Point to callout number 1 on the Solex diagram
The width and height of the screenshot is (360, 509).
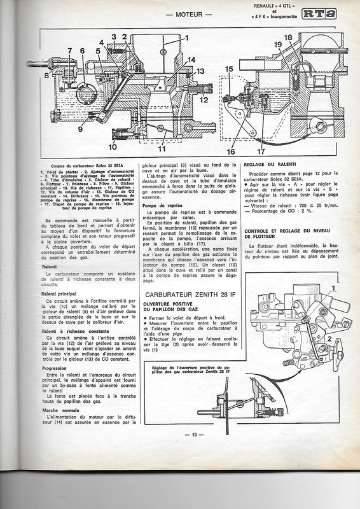pyautogui.click(x=186, y=38)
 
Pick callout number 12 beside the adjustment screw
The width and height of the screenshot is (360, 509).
pyautogui.click(x=204, y=100)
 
